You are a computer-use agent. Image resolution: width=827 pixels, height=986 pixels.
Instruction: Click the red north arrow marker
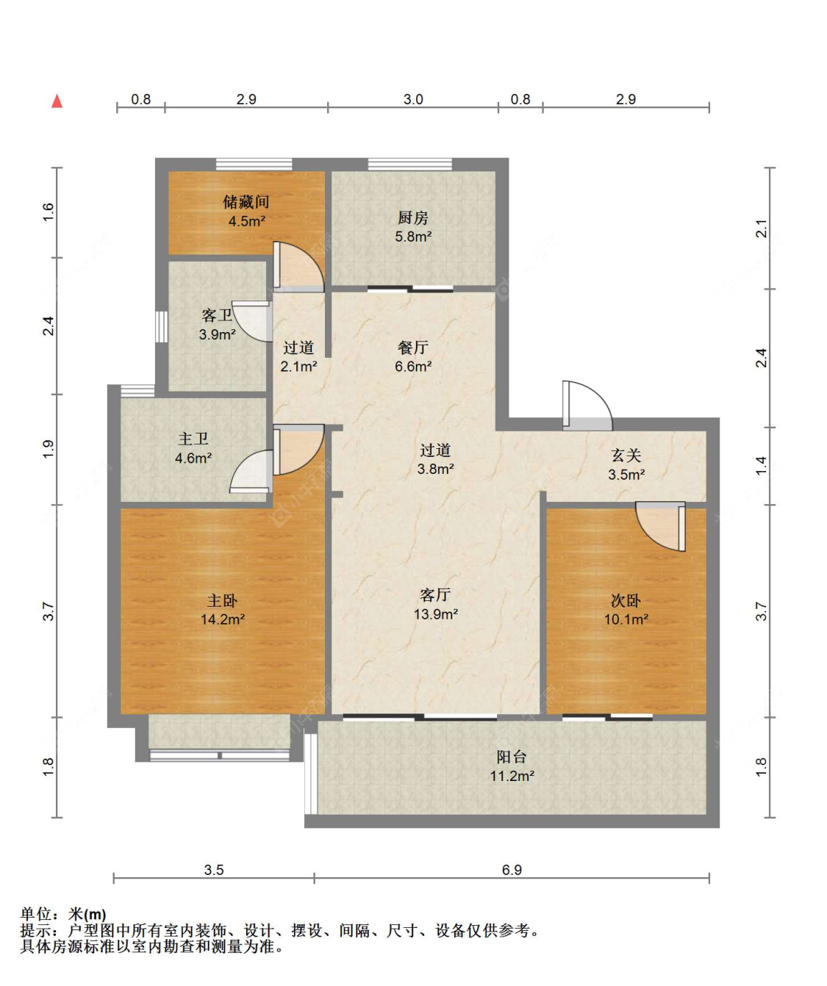(x=57, y=101)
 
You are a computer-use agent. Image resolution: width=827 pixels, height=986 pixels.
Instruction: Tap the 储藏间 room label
(x=246, y=211)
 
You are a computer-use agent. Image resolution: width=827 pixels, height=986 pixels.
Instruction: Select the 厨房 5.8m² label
(x=413, y=227)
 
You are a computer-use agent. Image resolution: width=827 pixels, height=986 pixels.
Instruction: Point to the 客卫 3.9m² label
(x=217, y=325)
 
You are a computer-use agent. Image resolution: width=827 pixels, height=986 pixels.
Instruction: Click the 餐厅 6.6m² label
(x=413, y=356)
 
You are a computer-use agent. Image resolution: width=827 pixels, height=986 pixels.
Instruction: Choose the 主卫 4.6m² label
(x=193, y=448)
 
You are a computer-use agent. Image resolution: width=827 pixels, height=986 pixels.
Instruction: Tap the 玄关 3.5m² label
(x=626, y=465)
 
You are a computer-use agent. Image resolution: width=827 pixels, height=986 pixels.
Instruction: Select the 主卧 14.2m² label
(x=223, y=610)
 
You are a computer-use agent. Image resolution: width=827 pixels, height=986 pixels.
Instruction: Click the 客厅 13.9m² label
(x=435, y=604)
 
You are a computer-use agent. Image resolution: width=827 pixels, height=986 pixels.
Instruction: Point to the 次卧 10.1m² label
(x=626, y=610)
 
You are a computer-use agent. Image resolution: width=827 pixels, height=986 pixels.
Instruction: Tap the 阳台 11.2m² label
(x=512, y=766)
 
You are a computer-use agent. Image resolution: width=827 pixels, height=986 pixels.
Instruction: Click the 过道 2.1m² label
(x=298, y=356)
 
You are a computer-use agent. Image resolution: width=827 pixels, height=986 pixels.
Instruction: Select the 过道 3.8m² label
(x=435, y=459)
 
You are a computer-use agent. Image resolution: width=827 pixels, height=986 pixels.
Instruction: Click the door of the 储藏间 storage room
(x=297, y=266)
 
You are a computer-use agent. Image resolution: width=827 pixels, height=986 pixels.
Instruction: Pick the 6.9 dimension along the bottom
(x=512, y=870)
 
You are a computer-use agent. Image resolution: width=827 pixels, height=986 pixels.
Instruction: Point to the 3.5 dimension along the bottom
(x=213, y=870)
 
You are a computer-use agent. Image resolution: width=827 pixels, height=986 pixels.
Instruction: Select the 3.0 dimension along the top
(x=413, y=99)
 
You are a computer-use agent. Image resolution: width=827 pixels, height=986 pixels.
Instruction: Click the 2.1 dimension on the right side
(x=762, y=228)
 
